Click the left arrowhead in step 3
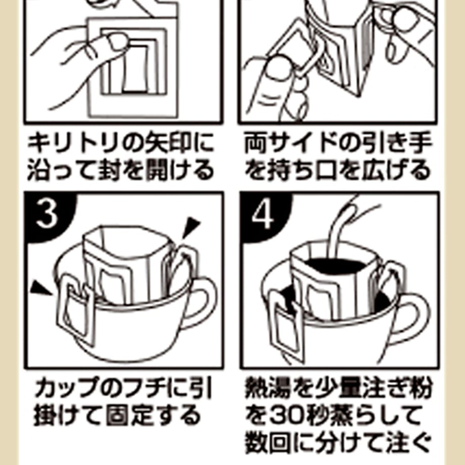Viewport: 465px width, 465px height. [40, 289]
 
